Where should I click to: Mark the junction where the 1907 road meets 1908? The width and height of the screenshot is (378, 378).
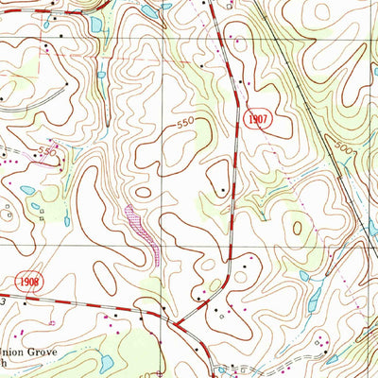(x=177, y=324)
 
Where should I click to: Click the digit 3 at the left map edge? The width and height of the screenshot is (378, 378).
(x=3, y=301)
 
